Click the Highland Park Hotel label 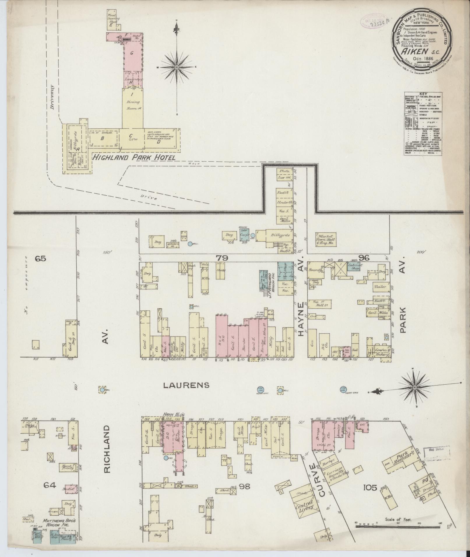pyautogui.click(x=134, y=158)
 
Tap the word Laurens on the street pyautogui.click(x=186, y=385)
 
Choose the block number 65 pyautogui.click(x=40, y=258)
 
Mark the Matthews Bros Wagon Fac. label pyautogui.click(x=59, y=511)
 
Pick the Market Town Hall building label pyautogui.click(x=326, y=239)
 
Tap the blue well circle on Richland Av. pyautogui.click(x=102, y=390)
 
